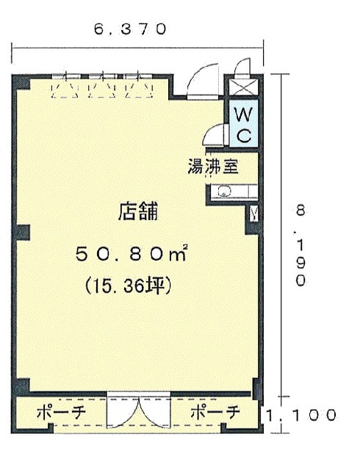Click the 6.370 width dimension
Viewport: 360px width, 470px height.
pos(130,29)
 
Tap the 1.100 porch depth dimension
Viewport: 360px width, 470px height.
pos(300,416)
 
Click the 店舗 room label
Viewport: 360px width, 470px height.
pos(138,211)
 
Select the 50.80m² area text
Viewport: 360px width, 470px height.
pos(132,254)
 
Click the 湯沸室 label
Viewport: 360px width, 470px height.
pos(213,167)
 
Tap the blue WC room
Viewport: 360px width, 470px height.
pos(243,123)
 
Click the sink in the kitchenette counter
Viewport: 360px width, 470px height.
pos(224,191)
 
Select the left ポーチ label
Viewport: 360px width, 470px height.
pos(62,413)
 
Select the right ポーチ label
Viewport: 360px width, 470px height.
pos(215,413)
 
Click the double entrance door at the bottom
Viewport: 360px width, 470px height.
pos(139,411)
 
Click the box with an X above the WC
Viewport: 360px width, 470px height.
pos(243,87)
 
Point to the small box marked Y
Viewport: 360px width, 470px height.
pos(253,214)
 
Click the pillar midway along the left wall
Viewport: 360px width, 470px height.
pos(23,233)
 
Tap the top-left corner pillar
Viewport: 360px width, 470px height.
pos(21,82)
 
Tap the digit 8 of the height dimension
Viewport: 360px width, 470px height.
pos(300,211)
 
